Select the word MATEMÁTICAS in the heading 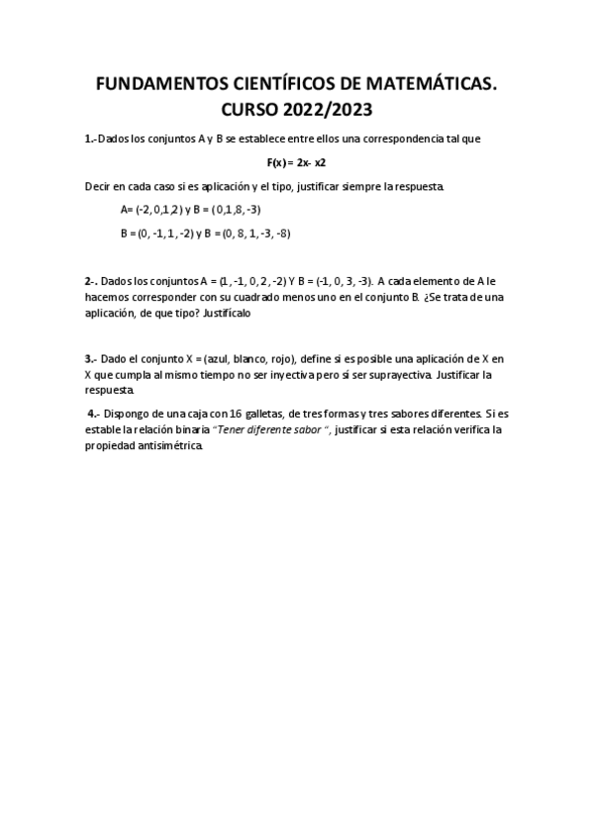pyautogui.click(x=434, y=86)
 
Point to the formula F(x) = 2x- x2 pyautogui.click(x=296, y=162)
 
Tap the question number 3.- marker pyautogui.click(x=91, y=359)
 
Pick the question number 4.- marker pyautogui.click(x=94, y=414)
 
